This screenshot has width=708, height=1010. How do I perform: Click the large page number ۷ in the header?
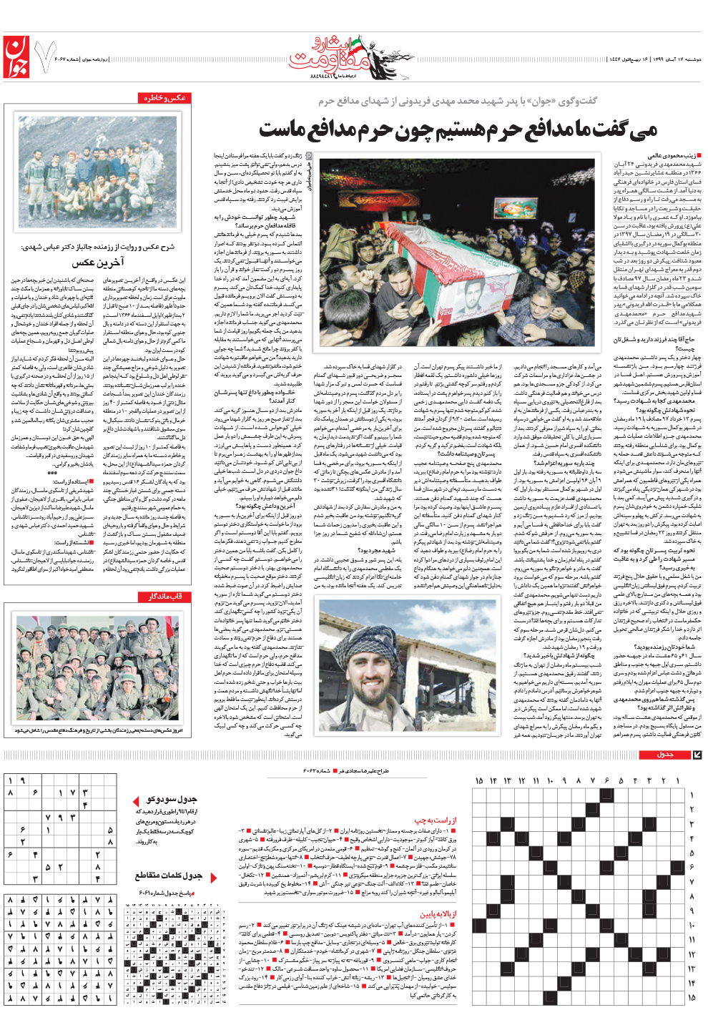(x=45, y=59)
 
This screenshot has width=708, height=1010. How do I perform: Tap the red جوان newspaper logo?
(x=18, y=58)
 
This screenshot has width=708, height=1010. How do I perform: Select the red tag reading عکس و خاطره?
(x=164, y=98)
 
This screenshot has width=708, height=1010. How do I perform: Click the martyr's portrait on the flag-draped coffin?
(x=471, y=300)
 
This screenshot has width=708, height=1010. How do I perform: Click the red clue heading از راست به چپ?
(x=435, y=820)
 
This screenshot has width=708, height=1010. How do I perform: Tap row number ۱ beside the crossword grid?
(x=692, y=795)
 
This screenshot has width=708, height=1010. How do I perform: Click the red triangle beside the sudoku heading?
(x=136, y=800)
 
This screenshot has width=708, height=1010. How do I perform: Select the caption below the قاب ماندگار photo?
(x=97, y=731)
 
